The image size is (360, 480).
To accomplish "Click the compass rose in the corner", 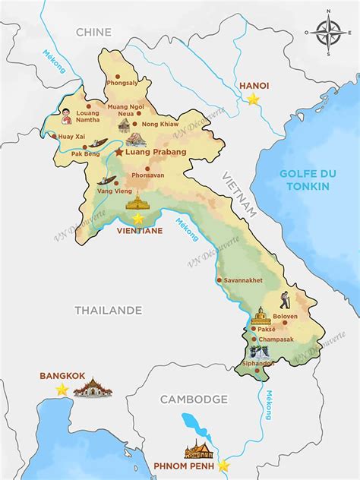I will [327, 33].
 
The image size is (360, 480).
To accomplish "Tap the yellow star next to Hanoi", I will [254, 99].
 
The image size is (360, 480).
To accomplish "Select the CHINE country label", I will [93, 32].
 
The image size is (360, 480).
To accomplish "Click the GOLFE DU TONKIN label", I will [308, 179].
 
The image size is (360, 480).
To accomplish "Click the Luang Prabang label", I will [156, 152].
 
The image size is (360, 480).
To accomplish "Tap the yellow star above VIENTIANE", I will [137, 219].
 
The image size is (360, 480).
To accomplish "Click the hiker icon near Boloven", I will [284, 300].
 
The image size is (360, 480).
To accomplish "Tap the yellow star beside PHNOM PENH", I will [223, 466].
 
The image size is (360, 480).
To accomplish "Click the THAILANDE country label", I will [109, 310].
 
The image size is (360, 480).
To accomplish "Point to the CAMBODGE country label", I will [194, 399].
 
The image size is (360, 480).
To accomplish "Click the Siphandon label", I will [258, 364].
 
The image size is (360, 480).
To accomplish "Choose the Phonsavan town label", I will [147, 175].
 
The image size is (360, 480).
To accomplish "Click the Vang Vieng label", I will [112, 191].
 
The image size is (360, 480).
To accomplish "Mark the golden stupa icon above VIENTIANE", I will [137, 201].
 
